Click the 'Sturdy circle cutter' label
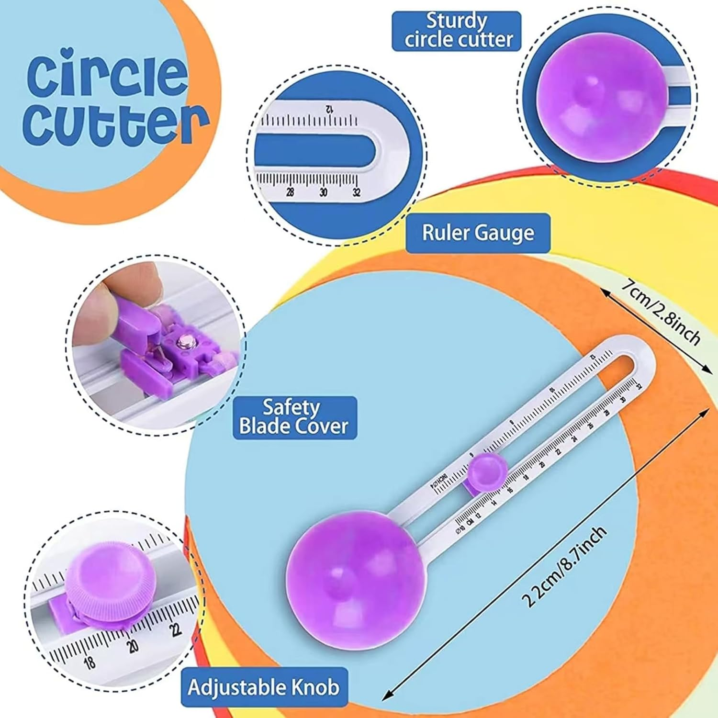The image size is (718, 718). point(456,31)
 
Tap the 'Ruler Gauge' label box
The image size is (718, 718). point(478,233)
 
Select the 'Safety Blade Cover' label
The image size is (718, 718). point(294,417)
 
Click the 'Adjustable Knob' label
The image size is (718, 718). point(264,687)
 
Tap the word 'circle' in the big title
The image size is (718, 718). point(107,75)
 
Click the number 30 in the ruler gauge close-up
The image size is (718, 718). point(324,192)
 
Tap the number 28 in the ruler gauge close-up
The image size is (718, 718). point(290,192)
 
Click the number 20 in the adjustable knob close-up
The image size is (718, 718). point(133,646)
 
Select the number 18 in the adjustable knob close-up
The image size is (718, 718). point(90,662)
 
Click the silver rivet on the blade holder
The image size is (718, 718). point(183,342)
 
